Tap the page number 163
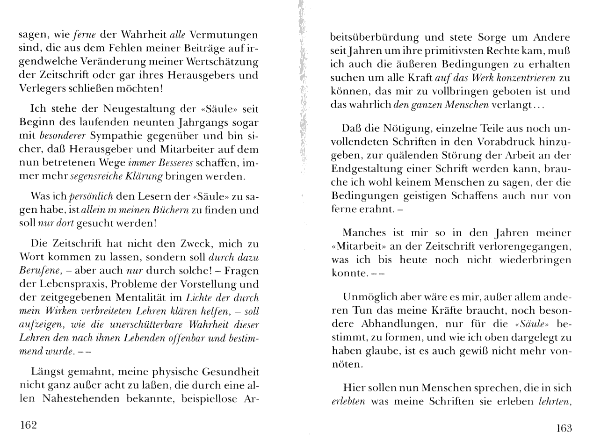click(564, 428)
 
